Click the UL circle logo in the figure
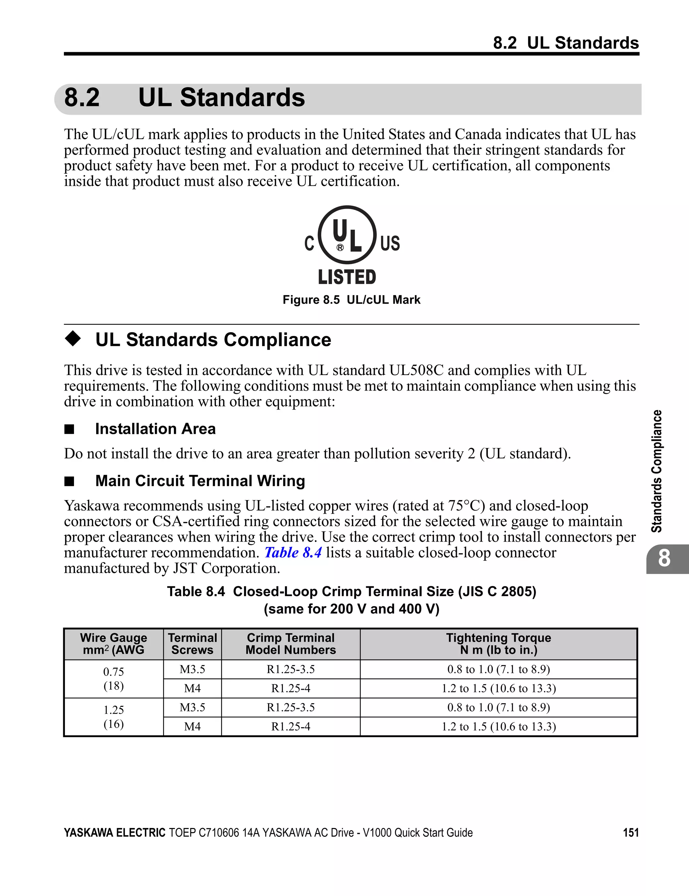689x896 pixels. pyautogui.click(x=347, y=235)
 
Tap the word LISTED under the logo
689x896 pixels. pyautogui.click(x=347, y=277)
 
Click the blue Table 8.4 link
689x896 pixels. pyautogui.click(x=293, y=553)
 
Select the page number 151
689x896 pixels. pyautogui.click(x=631, y=832)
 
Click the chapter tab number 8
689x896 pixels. pyautogui.click(x=664, y=558)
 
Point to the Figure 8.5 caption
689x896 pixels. pyautogui.click(x=352, y=300)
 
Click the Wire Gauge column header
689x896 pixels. pyautogui.click(x=114, y=644)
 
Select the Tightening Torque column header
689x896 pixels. pyautogui.click(x=498, y=644)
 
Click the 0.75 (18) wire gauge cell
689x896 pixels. pyautogui.click(x=114, y=679)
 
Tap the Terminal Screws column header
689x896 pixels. pyautogui.click(x=192, y=644)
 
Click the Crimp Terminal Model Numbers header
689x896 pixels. pyautogui.click(x=290, y=644)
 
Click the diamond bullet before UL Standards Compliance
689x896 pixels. pyautogui.click(x=73, y=339)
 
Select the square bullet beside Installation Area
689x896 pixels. pyautogui.click(x=69, y=429)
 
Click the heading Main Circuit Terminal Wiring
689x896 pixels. pyautogui.click(x=200, y=481)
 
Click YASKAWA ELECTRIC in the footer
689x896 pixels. pyautogui.click(x=114, y=832)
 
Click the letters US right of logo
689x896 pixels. pyautogui.click(x=390, y=243)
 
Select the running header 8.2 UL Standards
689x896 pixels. pyautogui.click(x=566, y=43)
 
